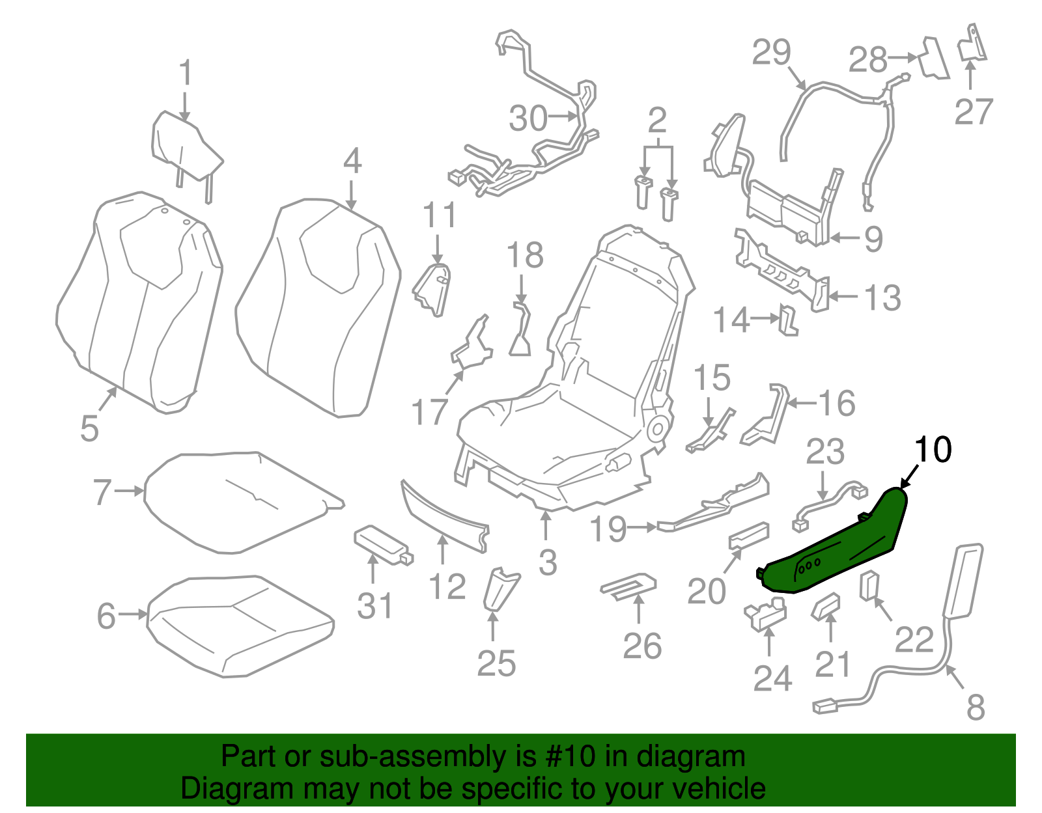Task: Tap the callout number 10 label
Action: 933,450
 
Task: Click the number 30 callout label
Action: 528,118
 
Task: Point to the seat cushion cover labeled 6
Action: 241,625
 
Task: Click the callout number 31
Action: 375,607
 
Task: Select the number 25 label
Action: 496,663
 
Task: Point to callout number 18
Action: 525,255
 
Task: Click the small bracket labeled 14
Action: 788,320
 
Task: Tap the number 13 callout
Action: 882,298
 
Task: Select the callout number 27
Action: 974,111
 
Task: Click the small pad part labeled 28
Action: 934,59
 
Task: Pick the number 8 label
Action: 975,707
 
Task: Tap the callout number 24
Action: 772,678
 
